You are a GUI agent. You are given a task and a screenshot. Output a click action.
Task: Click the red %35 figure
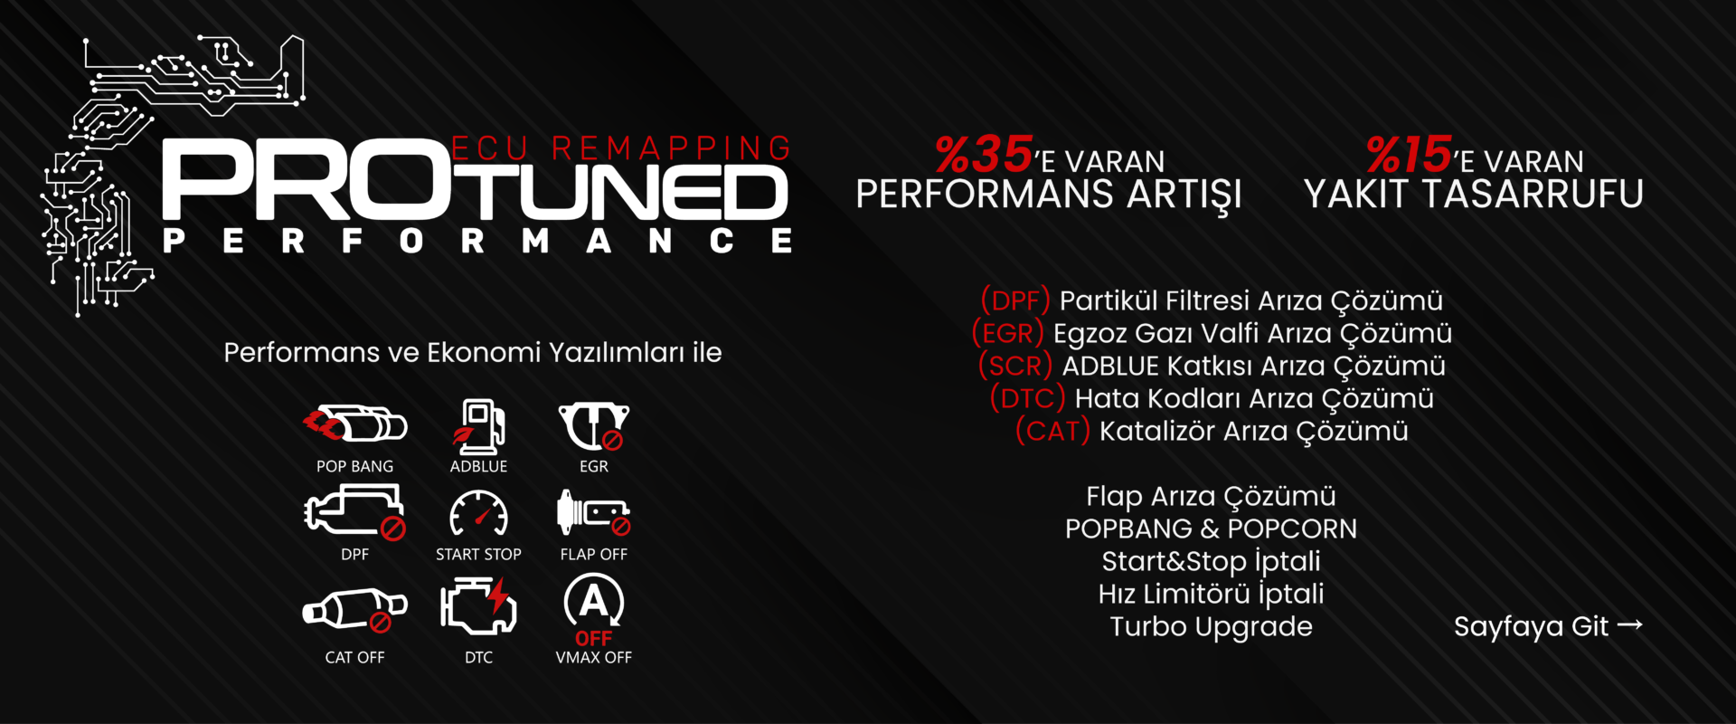[984, 155]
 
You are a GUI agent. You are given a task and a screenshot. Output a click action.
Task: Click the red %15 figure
[1409, 155]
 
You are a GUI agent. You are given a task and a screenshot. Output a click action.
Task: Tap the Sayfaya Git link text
[1531, 626]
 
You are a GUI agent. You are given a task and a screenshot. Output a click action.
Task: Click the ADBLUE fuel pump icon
[479, 424]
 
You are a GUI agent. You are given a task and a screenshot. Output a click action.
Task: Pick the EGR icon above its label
[593, 426]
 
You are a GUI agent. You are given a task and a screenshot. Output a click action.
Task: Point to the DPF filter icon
[354, 510]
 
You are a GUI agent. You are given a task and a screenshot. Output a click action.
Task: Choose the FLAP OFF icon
[593, 513]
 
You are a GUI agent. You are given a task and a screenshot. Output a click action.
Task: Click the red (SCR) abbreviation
[1015, 366]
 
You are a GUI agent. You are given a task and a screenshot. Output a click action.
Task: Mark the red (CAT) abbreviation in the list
[1052, 431]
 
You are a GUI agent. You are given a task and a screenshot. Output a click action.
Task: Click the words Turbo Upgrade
[1211, 626]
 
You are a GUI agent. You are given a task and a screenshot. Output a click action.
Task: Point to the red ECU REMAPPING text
[621, 148]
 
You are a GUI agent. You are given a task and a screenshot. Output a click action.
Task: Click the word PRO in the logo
[307, 184]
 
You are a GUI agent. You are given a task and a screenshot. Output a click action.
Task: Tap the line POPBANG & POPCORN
[1211, 529]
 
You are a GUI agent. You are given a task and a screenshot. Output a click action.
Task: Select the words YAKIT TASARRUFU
[1473, 194]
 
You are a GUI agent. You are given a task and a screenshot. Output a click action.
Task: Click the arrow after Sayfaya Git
[1629, 624]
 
